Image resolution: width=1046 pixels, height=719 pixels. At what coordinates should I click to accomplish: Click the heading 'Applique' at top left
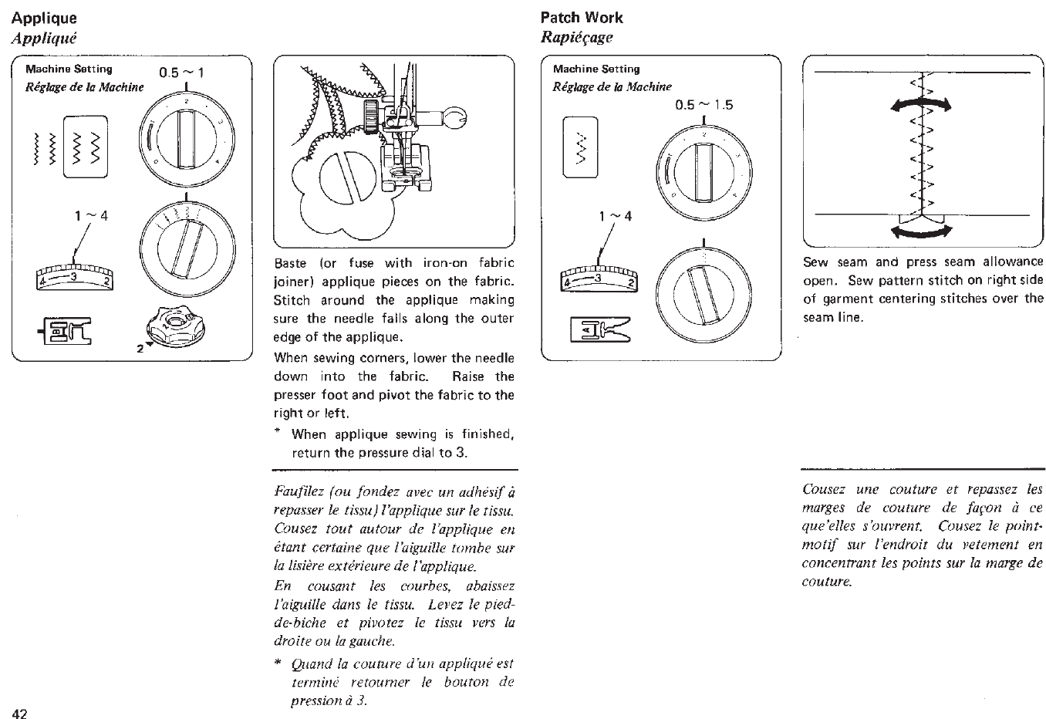click(x=45, y=18)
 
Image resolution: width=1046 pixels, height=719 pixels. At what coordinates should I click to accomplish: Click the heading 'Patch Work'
click(x=582, y=18)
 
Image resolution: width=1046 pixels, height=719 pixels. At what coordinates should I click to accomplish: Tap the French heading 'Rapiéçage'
click(x=576, y=37)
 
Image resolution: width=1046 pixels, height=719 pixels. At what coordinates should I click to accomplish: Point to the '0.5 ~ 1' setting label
click(x=181, y=73)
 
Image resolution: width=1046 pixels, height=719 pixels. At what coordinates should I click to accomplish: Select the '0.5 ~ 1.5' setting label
click(x=704, y=105)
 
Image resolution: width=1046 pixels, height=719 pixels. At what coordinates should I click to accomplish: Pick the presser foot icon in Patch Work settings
click(x=600, y=330)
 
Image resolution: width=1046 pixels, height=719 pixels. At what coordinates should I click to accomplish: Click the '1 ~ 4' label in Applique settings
click(x=92, y=215)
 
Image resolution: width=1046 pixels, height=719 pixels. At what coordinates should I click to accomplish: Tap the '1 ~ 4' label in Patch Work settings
click(x=616, y=216)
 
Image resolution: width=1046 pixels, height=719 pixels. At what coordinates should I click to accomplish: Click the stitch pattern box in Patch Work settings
click(x=580, y=147)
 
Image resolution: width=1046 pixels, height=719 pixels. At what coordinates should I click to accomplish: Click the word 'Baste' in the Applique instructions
click(x=290, y=263)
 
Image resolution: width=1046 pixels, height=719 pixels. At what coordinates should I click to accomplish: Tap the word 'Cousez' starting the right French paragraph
click(x=824, y=489)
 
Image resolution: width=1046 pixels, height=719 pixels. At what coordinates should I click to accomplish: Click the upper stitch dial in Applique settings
click(x=184, y=139)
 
